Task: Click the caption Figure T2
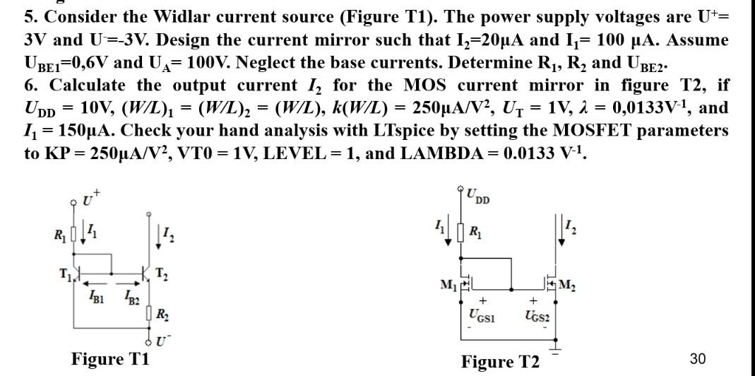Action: coord(499,362)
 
